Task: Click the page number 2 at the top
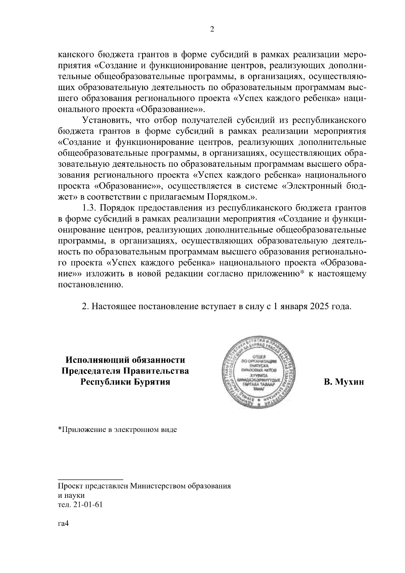pos(212,29)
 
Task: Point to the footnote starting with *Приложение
pos(117,430)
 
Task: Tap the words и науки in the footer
pos(71,495)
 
